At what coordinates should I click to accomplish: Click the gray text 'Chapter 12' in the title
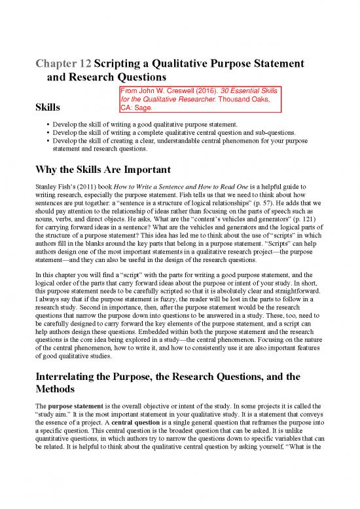(x=60, y=65)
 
